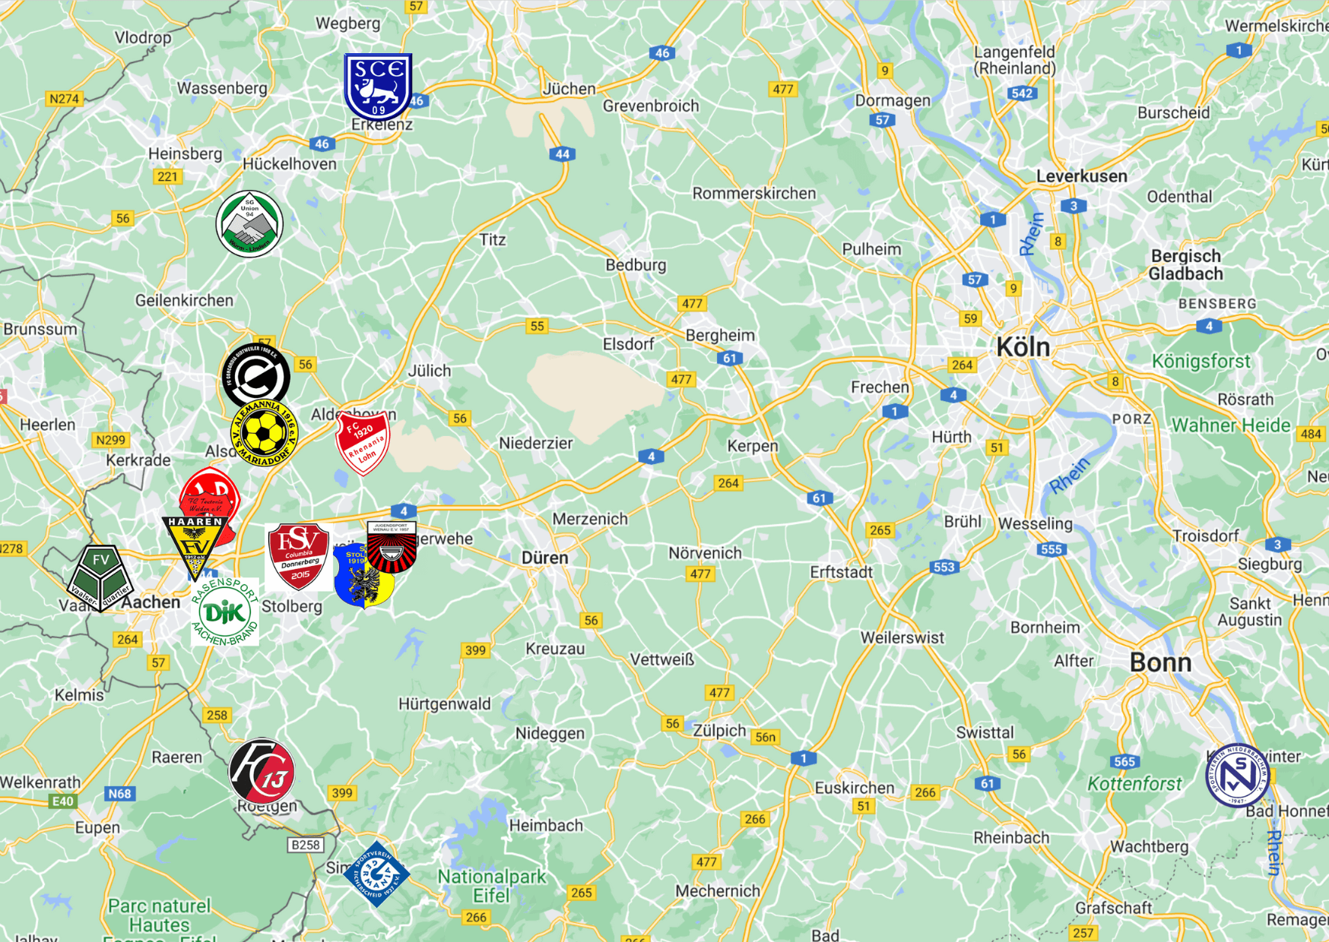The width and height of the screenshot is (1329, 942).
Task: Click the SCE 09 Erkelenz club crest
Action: tap(378, 86)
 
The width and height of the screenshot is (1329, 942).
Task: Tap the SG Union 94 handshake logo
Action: tap(249, 224)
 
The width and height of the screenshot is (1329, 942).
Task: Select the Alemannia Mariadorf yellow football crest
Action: tap(264, 434)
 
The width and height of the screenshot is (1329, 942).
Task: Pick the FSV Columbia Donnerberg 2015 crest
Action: tap(299, 556)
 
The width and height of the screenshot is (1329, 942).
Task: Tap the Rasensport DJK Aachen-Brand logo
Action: tap(225, 612)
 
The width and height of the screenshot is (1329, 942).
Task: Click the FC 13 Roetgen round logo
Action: tap(262, 770)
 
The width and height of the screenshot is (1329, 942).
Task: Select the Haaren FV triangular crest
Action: tap(195, 545)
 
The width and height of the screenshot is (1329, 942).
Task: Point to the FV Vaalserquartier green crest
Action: tap(100, 577)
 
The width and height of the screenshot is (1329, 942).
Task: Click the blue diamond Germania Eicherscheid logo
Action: tap(376, 874)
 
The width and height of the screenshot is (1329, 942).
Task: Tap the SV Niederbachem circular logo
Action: tap(1237, 775)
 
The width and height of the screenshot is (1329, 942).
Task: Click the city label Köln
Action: tap(1023, 347)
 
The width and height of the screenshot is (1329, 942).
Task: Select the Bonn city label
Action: tap(1160, 662)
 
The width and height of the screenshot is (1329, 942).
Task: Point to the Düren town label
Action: tap(544, 558)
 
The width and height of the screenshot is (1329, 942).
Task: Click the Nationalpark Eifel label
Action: tap(491, 886)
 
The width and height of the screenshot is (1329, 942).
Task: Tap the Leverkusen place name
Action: tap(1081, 176)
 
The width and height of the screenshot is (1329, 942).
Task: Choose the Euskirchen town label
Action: tap(854, 788)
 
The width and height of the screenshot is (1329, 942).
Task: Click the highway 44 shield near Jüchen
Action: tap(562, 154)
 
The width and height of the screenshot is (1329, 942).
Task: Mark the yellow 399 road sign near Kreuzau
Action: tap(475, 650)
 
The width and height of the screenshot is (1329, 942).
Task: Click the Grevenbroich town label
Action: tap(650, 106)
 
